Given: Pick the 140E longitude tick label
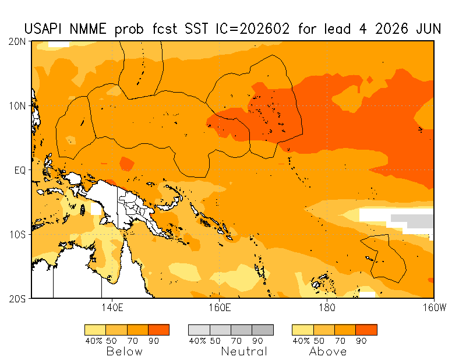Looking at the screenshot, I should click(x=111, y=307).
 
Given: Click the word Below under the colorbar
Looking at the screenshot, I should click(x=124, y=351).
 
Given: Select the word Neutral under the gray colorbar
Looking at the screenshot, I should click(x=244, y=351).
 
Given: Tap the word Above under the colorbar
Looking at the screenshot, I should click(x=328, y=351).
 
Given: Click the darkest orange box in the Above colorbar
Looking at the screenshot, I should click(x=366, y=330).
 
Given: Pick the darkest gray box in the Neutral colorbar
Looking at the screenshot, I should click(x=263, y=330).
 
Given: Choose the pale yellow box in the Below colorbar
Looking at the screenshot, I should click(x=95, y=330).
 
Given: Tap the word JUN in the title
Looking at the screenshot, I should click(x=428, y=29).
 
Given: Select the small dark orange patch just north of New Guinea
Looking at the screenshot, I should click(x=126, y=164).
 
